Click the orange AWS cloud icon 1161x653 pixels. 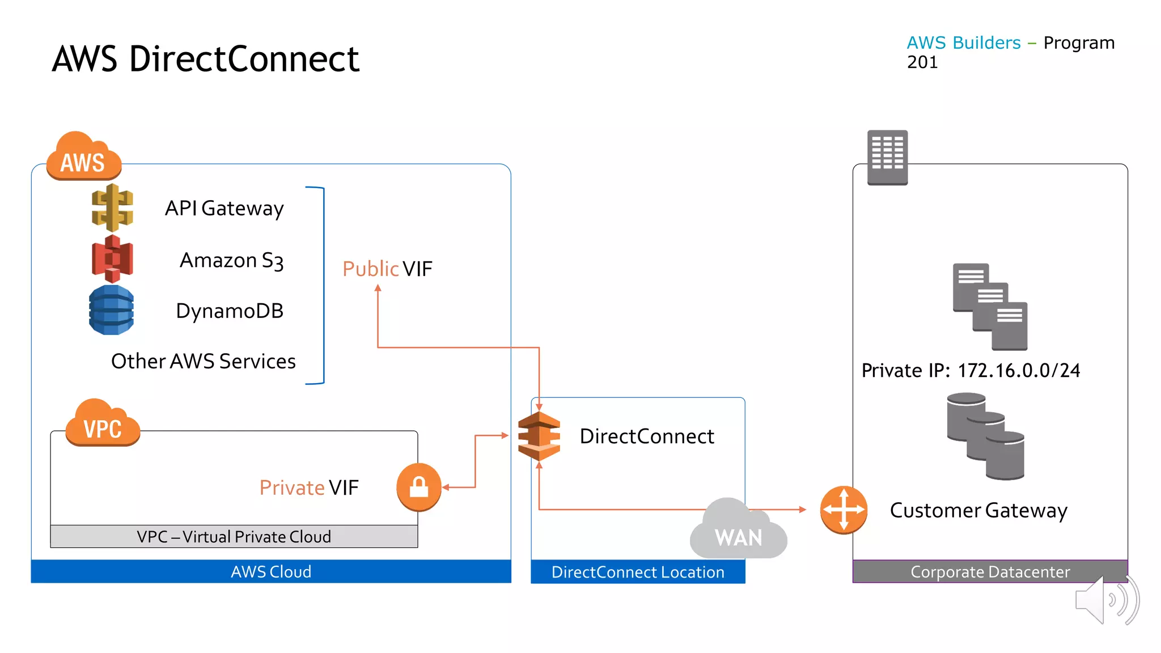pos(84,156)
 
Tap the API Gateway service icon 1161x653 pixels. pos(112,207)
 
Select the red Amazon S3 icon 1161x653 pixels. pos(112,259)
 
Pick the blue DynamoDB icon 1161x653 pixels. pos(112,310)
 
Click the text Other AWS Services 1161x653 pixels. pos(204,361)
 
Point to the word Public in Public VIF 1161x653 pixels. pos(371,269)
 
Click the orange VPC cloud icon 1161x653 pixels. pos(103,422)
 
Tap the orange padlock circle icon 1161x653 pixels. pos(419,487)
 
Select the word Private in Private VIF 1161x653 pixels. pos(292,487)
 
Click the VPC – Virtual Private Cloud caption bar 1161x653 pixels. pos(234,536)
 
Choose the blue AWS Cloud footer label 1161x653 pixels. pos(271,571)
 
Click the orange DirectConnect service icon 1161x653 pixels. pos(539,436)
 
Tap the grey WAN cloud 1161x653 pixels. pos(739,528)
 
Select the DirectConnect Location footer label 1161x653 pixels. pos(638,572)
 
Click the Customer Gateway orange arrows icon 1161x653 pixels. pos(844,510)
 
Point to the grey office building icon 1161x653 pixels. pos(888,158)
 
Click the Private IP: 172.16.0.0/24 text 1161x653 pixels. pos(971,370)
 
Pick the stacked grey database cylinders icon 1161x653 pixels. pos(986,436)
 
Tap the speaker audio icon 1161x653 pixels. pos(1107,600)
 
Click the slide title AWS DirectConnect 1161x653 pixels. pos(206,59)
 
